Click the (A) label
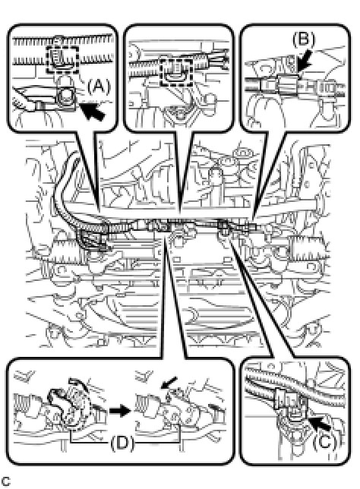[99, 86]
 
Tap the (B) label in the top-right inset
[303, 40]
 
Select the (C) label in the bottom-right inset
[324, 441]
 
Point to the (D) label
[122, 442]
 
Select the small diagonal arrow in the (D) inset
[169, 383]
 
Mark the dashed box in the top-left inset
[62, 60]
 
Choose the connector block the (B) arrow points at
[289, 84]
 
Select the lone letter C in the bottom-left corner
[6, 481]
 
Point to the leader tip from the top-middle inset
[180, 214]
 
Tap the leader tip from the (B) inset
[253, 219]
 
